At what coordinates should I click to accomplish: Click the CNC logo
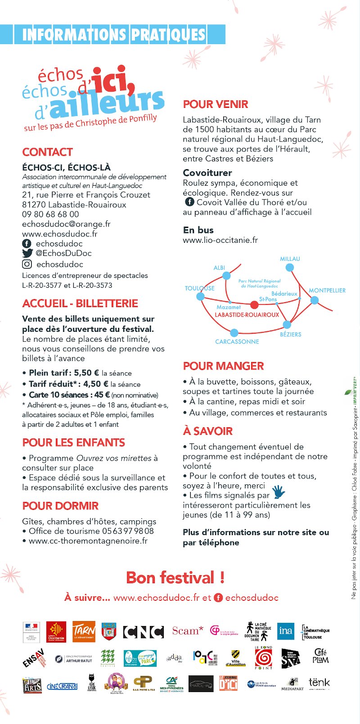144,632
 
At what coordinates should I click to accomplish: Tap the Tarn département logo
84,632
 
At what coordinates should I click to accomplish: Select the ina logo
285,630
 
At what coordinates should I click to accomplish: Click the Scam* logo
188,631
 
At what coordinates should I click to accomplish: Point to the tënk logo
319,683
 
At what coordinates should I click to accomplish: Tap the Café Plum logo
320,656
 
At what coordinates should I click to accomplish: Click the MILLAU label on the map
290,259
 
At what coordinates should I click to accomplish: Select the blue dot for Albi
226,276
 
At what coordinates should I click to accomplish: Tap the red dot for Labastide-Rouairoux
254,305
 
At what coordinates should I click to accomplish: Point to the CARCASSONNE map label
237,342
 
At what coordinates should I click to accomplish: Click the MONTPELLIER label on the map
327,290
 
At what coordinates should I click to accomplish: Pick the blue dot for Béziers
287,325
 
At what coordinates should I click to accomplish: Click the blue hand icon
279,492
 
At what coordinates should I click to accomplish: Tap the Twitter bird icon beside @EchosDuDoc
27,253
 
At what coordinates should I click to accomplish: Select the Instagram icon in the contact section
27,264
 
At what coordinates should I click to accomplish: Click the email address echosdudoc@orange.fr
66,224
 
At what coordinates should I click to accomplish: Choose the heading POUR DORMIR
60,506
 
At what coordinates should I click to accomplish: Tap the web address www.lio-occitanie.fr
220,240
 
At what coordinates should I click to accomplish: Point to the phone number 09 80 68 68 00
50,215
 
